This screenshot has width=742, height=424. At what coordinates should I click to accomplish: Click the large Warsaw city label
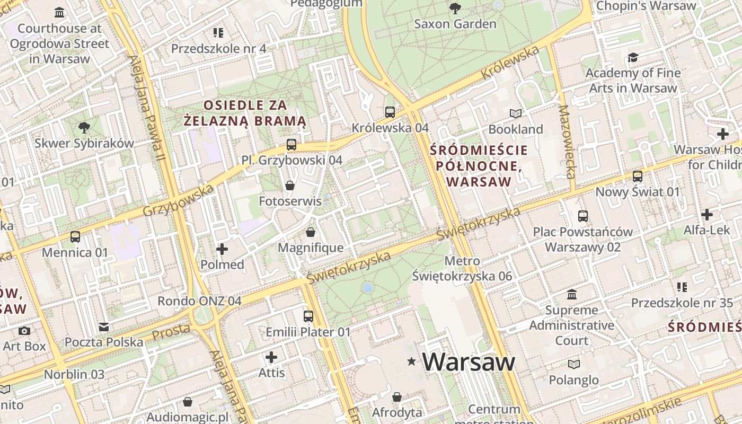(469, 362)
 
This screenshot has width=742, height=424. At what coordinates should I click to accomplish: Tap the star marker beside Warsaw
(411, 361)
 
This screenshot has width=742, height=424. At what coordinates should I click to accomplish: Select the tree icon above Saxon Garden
(455, 8)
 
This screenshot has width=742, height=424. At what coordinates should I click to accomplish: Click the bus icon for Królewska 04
(390, 112)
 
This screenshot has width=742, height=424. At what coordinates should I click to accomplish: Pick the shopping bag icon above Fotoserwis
(290, 185)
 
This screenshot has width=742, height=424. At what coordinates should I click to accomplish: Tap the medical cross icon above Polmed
(222, 249)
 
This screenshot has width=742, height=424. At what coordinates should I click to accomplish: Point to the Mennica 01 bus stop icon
(75, 236)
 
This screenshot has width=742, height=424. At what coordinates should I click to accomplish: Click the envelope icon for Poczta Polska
(104, 327)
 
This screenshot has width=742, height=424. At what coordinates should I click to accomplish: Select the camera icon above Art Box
(24, 331)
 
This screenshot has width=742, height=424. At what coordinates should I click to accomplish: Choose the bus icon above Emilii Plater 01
(308, 316)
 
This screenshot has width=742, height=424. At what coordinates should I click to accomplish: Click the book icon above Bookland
(516, 113)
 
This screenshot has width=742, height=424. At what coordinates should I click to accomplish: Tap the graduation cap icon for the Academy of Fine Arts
(633, 57)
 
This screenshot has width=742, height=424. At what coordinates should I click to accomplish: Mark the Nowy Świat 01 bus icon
(638, 176)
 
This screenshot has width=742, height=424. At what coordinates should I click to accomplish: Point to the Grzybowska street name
(178, 201)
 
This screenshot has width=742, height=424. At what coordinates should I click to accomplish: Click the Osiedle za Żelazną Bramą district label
(245, 113)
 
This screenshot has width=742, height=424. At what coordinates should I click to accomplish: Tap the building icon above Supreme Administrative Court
(572, 294)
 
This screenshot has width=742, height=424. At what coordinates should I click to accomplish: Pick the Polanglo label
(573, 380)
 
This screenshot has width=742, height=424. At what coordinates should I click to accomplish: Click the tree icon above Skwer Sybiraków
(84, 127)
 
